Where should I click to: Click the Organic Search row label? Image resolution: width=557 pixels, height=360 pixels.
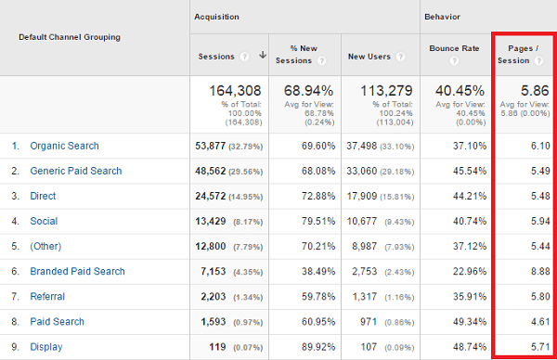64,146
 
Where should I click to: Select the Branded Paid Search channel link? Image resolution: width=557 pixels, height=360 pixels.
77,271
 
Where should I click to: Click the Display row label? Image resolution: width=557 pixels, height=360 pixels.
47,346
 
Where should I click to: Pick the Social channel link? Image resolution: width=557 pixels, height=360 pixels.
44,221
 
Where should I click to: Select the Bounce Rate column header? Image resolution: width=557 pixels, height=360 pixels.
452,50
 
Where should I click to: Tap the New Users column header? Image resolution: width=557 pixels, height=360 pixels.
369,56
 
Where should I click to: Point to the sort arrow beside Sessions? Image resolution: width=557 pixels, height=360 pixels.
263,56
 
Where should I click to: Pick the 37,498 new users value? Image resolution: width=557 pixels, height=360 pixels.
367,146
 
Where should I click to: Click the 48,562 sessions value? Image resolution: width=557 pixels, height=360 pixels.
216,171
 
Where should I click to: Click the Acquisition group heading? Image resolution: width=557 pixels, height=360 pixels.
216,17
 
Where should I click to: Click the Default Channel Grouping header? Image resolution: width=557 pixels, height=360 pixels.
70,37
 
